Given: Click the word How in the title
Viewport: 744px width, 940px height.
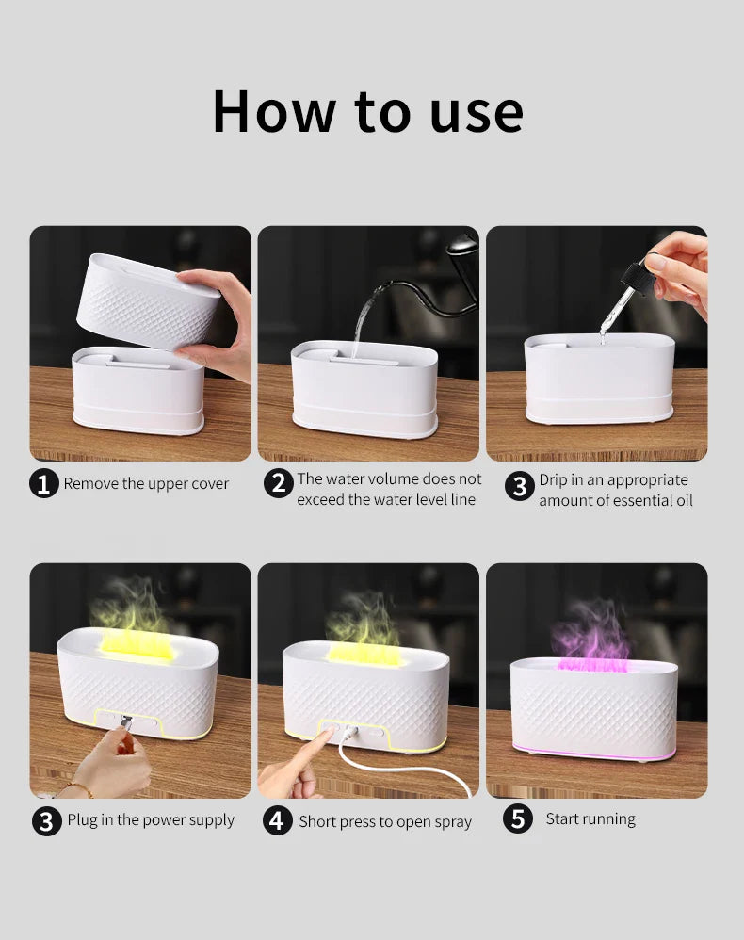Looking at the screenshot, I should click(272, 111).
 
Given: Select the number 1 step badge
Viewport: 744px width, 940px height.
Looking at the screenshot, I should click(43, 484).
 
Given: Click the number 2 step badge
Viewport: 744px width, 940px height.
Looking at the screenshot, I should click(277, 484).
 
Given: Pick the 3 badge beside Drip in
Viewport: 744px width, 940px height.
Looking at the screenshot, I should click(518, 487).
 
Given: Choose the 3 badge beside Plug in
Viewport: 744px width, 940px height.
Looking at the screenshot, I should click(47, 820).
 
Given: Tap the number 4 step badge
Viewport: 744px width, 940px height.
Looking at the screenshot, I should click(276, 820).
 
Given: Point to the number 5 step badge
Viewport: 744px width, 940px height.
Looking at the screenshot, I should click(517, 819).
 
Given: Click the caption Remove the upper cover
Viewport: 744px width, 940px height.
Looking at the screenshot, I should click(146, 484).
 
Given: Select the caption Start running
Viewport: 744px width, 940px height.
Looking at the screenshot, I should click(590, 819).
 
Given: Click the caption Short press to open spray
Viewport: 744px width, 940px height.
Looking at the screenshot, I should click(385, 821).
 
